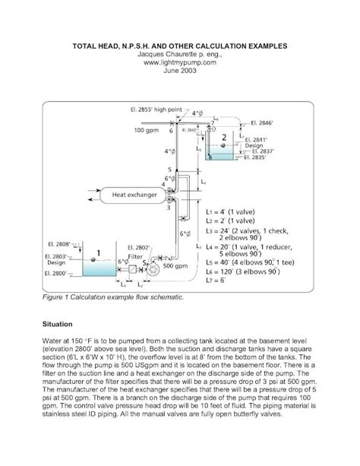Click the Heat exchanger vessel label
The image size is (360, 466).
point(134,195)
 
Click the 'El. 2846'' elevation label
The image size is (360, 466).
point(261,122)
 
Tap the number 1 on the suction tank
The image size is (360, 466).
point(96,252)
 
